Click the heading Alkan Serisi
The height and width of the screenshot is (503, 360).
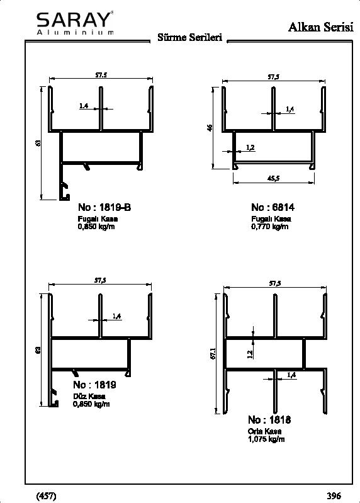pyautogui.click(x=321, y=27)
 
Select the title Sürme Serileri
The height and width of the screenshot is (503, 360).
pyautogui.click(x=190, y=37)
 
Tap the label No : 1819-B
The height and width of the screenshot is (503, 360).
pyautogui.click(x=104, y=207)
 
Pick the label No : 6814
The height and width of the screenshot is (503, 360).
pyautogui.click(x=273, y=207)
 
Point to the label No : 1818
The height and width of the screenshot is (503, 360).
pyautogui.click(x=269, y=420)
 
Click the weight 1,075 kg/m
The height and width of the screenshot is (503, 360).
pyautogui.click(x=266, y=439)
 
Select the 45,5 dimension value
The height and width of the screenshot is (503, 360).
pyautogui.click(x=273, y=178)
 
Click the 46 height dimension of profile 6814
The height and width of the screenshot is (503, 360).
pyautogui.click(x=210, y=128)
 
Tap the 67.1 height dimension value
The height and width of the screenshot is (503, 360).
pyautogui.click(x=213, y=353)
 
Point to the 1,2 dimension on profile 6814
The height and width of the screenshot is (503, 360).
pyautogui.click(x=250, y=147)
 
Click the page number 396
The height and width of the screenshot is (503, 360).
pyautogui.click(x=334, y=495)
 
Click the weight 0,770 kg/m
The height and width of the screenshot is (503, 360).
pyautogui.click(x=270, y=227)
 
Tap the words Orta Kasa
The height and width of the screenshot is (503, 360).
pyautogui.click(x=264, y=431)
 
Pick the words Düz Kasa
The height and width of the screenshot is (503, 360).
pyautogui.click(x=89, y=396)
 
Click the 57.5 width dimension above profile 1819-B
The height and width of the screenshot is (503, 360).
pyautogui.click(x=101, y=75)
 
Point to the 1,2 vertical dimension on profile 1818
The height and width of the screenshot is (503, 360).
pyautogui.click(x=250, y=354)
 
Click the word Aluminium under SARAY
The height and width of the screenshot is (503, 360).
pyautogui.click(x=75, y=32)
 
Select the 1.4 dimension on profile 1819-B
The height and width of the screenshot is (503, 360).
pyautogui.click(x=84, y=106)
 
